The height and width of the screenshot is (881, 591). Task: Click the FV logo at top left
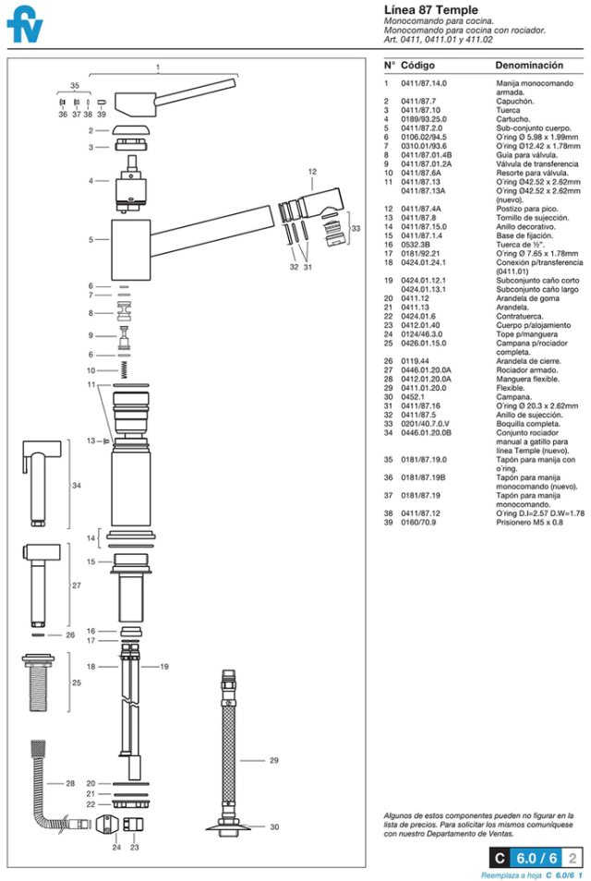click(x=26, y=27)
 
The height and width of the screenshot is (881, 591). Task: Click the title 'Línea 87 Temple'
click(x=430, y=10)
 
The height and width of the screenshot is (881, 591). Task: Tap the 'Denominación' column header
click(x=529, y=66)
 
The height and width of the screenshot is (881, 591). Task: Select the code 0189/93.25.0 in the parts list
click(x=423, y=119)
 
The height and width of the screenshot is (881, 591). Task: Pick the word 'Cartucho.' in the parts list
click(x=513, y=119)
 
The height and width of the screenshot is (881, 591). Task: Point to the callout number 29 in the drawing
click(x=273, y=761)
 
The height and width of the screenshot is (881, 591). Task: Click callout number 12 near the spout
click(x=312, y=171)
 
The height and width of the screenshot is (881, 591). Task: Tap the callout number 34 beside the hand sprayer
click(x=77, y=486)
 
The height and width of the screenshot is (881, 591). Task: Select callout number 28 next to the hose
click(x=70, y=784)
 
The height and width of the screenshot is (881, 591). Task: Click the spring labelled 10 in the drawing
click(x=124, y=369)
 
